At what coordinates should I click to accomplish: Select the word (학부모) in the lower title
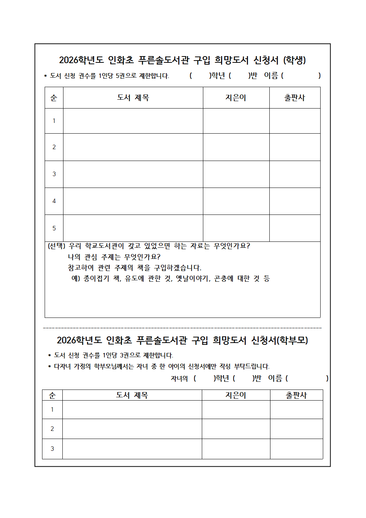(x=293, y=340)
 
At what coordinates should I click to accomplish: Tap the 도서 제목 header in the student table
(x=133, y=98)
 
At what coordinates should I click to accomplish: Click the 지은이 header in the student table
(x=236, y=98)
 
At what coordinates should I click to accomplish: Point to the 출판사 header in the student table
(x=294, y=98)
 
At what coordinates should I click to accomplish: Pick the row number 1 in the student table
(x=54, y=121)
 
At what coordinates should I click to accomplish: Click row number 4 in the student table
(x=54, y=201)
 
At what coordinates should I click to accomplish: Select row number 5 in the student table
(x=54, y=228)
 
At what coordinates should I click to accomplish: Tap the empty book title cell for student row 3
(x=133, y=174)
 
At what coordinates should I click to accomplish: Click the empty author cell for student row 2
(x=236, y=147)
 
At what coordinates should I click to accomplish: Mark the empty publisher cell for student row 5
(x=294, y=228)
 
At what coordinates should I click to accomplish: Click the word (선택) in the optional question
(x=56, y=246)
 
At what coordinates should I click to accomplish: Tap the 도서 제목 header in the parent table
(x=132, y=395)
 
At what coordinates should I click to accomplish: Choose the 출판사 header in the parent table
(x=296, y=395)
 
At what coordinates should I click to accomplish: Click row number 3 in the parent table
(x=52, y=449)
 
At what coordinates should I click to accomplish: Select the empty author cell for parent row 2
(x=236, y=429)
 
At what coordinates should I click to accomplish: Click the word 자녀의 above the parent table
(x=179, y=378)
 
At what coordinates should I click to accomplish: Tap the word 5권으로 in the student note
(x=126, y=76)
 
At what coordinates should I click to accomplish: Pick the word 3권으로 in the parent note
(x=130, y=355)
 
